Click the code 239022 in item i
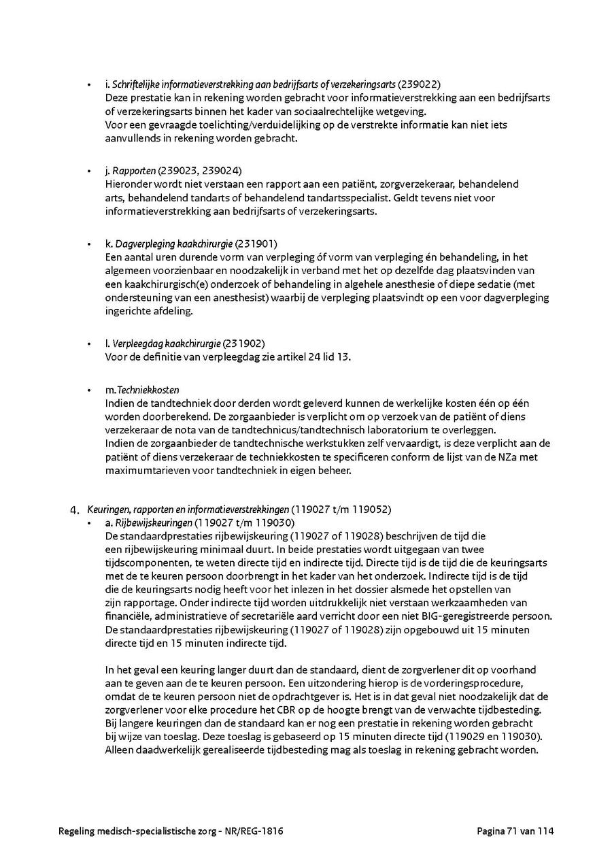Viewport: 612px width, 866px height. (x=420, y=84)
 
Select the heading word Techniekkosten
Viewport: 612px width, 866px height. (x=148, y=390)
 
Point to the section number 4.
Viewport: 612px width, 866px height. (x=75, y=510)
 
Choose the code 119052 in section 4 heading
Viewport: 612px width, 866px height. (x=370, y=509)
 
